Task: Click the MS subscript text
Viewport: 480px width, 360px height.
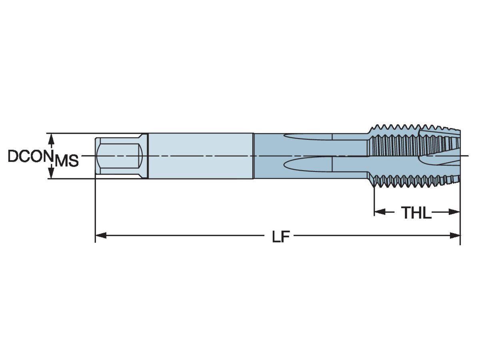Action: click(66, 161)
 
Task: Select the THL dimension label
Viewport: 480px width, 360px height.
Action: click(416, 213)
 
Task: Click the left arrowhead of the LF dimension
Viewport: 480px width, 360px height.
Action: click(100, 236)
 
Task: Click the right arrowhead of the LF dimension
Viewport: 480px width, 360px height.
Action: click(455, 236)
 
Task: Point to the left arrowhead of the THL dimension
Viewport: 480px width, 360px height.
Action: click(379, 212)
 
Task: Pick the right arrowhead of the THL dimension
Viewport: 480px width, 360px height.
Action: click(454, 212)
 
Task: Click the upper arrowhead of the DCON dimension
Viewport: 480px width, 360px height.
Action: click(51, 138)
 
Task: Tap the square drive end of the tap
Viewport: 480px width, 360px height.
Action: click(119, 156)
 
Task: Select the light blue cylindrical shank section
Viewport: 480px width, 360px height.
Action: click(200, 156)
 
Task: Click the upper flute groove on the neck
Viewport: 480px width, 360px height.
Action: click(308, 137)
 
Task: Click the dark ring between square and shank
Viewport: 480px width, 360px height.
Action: click(148, 156)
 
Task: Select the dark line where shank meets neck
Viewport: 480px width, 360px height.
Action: click(254, 156)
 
